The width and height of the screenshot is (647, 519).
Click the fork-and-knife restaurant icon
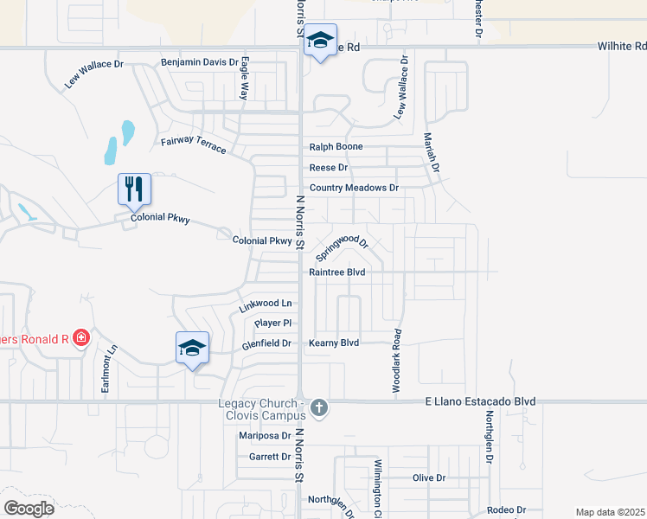pyautogui.click(x=134, y=189)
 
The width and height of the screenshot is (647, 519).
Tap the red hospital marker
pyautogui.click(x=81, y=336)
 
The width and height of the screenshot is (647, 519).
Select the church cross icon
pyautogui.click(x=318, y=407)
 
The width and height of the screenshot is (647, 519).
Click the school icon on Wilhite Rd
pyautogui.click(x=321, y=41)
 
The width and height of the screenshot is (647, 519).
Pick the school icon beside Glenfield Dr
pyautogui.click(x=192, y=348)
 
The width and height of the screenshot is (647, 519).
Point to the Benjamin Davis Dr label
pyautogui.click(x=198, y=62)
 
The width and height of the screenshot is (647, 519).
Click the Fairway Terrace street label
pyautogui.click(x=193, y=145)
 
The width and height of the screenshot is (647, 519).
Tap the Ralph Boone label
pyautogui.click(x=336, y=147)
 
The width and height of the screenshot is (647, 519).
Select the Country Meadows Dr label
pyautogui.click(x=354, y=188)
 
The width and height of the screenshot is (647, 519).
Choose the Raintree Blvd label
pyautogui.click(x=337, y=272)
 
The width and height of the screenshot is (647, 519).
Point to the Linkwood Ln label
pyautogui.click(x=265, y=304)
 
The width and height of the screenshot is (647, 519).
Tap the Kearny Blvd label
pyautogui.click(x=334, y=343)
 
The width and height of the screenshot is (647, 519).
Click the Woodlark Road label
pyautogui.click(x=397, y=362)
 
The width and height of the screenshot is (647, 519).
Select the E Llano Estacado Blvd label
pyautogui.click(x=479, y=401)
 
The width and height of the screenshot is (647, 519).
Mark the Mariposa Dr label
pyautogui.click(x=265, y=436)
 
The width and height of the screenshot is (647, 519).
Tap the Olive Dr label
pyautogui.click(x=428, y=477)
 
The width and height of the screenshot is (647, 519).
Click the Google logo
pyautogui.click(x=29, y=508)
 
